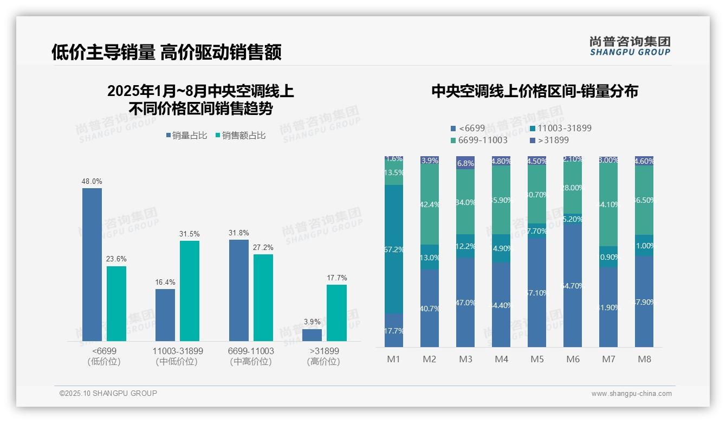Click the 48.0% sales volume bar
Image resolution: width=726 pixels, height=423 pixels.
(92, 265)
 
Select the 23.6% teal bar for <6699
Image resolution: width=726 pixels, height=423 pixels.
(116, 304)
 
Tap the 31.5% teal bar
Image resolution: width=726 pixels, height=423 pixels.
(190, 291)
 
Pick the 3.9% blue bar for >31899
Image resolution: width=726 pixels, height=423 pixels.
(312, 335)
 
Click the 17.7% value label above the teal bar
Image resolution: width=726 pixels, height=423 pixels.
(337, 278)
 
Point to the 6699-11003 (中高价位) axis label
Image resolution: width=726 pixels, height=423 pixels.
(251, 356)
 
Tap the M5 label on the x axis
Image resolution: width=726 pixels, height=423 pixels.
(537, 359)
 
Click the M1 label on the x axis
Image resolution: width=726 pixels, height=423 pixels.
(393, 359)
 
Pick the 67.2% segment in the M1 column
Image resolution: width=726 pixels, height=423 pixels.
(394, 249)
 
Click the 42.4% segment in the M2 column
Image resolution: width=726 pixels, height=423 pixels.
(430, 204)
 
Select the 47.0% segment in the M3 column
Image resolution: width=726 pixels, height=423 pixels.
(465, 302)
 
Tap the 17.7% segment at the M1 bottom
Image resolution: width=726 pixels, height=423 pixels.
(394, 330)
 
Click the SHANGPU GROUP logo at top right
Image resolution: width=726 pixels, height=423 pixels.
(630, 46)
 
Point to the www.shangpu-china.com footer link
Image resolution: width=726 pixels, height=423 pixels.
(631, 394)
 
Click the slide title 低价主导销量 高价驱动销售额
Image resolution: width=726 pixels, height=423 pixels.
(166, 52)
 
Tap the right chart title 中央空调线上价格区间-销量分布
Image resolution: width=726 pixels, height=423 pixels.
(535, 91)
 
